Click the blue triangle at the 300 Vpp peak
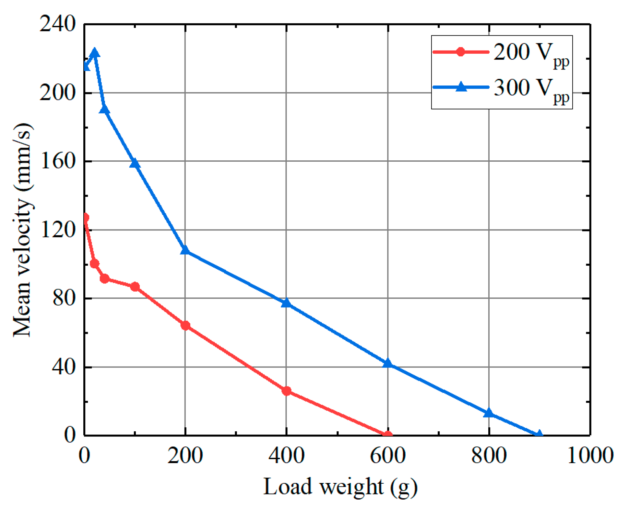tap(94, 53)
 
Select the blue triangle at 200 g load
tap(185, 250)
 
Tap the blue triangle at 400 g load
tap(286, 303)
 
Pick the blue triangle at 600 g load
tap(388, 363)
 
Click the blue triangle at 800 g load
tap(489, 413)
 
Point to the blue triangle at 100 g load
tap(135, 163)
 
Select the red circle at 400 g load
tap(287, 391)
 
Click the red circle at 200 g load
tap(185, 325)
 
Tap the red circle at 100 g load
tap(135, 287)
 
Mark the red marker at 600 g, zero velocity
tap(388, 435)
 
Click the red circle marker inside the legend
tap(460, 52)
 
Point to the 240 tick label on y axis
tap(57, 24)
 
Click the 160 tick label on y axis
tap(57, 161)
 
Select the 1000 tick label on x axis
tap(590, 455)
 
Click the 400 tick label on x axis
tap(286, 455)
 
